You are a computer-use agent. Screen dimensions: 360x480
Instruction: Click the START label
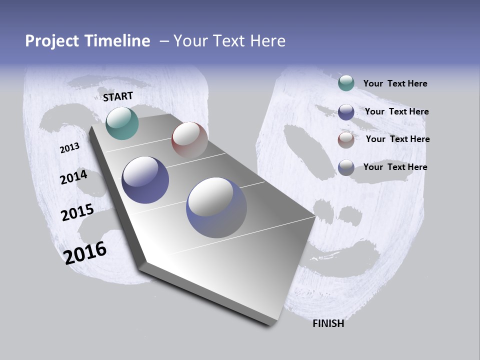118,96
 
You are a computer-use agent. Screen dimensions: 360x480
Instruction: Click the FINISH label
328,323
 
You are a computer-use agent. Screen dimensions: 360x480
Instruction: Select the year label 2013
70,148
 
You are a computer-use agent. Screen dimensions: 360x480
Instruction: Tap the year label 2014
74,177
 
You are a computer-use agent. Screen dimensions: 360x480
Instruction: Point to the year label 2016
85,253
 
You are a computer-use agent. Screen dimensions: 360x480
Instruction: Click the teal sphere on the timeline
122,123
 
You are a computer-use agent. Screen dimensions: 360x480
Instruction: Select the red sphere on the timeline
189,139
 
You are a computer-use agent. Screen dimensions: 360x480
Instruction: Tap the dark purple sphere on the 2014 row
145,180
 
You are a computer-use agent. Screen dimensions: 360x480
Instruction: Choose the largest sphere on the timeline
216,207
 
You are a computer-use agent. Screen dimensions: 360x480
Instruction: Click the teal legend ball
346,83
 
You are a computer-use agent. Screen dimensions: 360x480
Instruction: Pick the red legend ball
346,139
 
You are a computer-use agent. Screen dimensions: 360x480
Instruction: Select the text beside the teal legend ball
395,83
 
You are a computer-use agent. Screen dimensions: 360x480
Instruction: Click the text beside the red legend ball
398,139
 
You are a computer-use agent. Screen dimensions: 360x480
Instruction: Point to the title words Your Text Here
229,41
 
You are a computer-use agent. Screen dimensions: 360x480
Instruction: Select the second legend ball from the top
346,112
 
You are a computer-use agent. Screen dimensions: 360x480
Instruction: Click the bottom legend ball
346,167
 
